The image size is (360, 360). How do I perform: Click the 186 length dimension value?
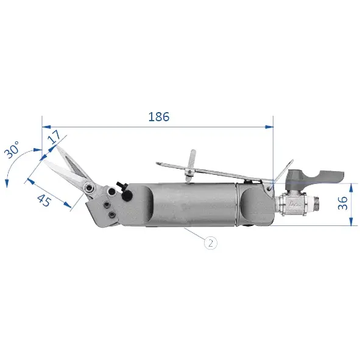(x=159, y=116)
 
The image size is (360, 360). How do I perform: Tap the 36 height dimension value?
(x=343, y=203)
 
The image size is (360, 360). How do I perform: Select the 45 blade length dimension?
(x=44, y=200)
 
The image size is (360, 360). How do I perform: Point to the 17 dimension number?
(x=54, y=136)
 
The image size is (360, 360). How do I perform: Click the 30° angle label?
(x=12, y=149)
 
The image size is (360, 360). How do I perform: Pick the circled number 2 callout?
(x=211, y=242)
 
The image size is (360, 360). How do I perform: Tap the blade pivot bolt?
(x=90, y=188)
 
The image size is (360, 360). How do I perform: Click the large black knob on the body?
(x=127, y=196)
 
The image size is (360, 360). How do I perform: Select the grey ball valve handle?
(x=315, y=176)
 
